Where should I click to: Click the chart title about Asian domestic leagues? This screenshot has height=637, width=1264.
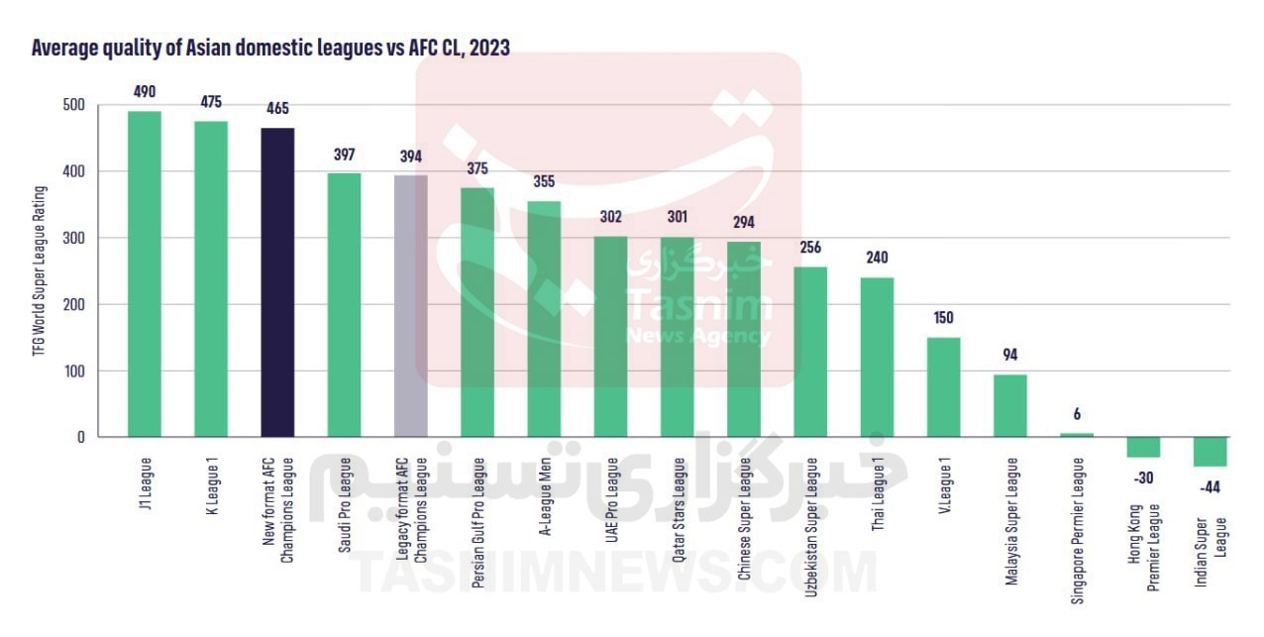pos(270,48)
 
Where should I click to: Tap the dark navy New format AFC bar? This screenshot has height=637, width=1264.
pos(277,282)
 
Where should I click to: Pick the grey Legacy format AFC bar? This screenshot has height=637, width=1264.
pos(411,306)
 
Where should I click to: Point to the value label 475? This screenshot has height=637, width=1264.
pos(210,102)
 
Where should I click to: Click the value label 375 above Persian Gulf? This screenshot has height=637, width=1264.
pos(477,168)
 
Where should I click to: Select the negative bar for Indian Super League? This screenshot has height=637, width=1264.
pos(1211,452)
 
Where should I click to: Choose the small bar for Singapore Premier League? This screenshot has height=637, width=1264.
pos(1077,435)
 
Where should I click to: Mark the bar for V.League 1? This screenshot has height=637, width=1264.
pos(943,387)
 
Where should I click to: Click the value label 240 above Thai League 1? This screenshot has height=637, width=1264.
pos(877,258)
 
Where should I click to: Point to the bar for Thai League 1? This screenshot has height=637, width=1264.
pos(877,358)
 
